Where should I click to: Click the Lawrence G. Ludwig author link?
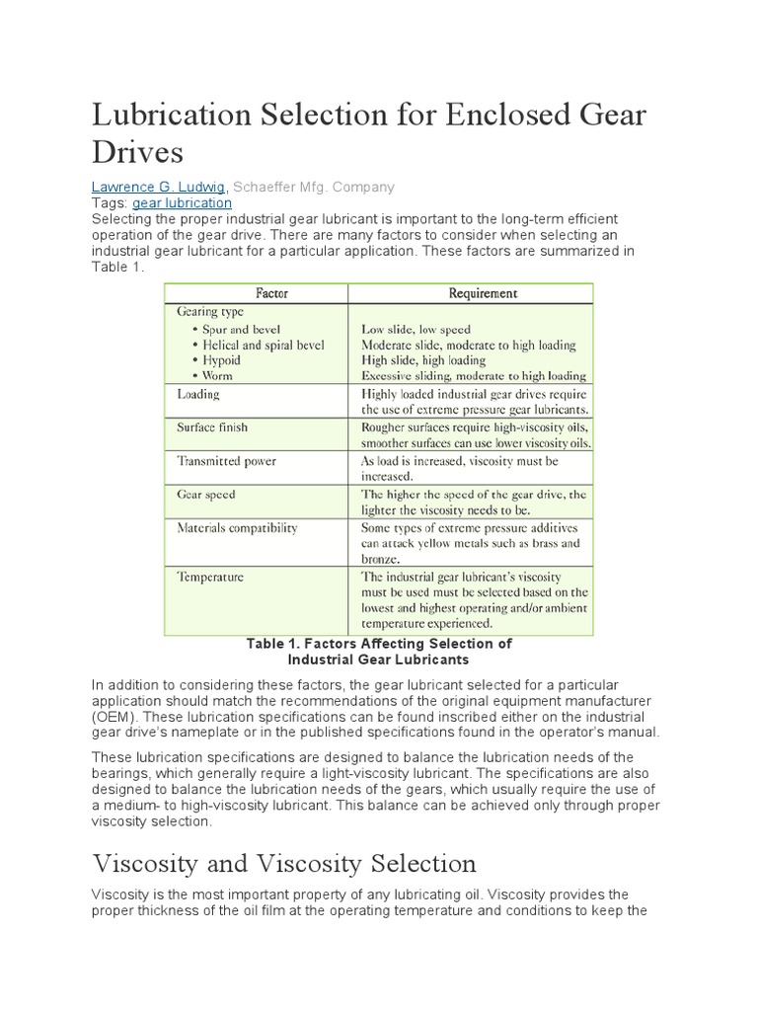159,187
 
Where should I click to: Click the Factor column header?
271,293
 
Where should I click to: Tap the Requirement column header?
483,293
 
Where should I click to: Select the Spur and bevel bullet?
242,329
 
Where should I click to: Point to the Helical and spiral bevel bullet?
264,345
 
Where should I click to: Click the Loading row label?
198,394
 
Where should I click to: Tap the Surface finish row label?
212,428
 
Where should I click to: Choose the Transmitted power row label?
226,461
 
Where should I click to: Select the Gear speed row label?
206,495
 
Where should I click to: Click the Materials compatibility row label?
237,528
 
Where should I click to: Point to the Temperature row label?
210,577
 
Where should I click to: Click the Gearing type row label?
210,312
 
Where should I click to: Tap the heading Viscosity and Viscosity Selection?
284,863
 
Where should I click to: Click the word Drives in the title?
137,152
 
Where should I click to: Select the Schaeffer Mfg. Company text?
313,187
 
